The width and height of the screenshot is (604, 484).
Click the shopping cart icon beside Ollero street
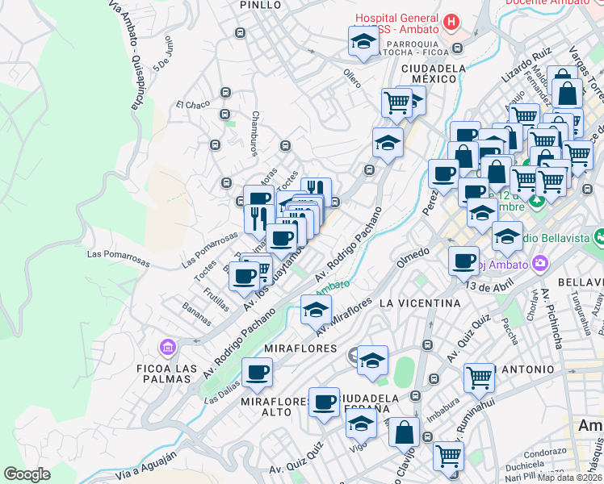click(396, 102)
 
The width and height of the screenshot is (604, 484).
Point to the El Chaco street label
click(192, 104)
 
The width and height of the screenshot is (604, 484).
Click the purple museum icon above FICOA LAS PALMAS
click(168, 348)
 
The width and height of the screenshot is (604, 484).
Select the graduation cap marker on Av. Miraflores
click(316, 310)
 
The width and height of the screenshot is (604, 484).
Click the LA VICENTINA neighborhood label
click(419, 303)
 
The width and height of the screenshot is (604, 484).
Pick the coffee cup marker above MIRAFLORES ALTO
click(258, 373)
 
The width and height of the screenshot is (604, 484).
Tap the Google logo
click(27, 474)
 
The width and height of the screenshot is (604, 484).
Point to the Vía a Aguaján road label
click(145, 465)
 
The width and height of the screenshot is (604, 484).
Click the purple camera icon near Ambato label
click(540, 264)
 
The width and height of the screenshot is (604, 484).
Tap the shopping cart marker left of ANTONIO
click(479, 377)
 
